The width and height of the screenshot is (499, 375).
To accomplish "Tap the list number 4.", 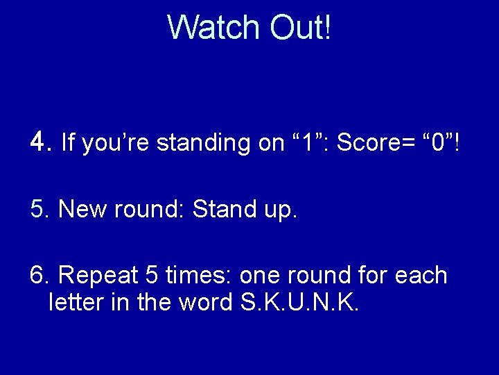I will pos(39,142).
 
